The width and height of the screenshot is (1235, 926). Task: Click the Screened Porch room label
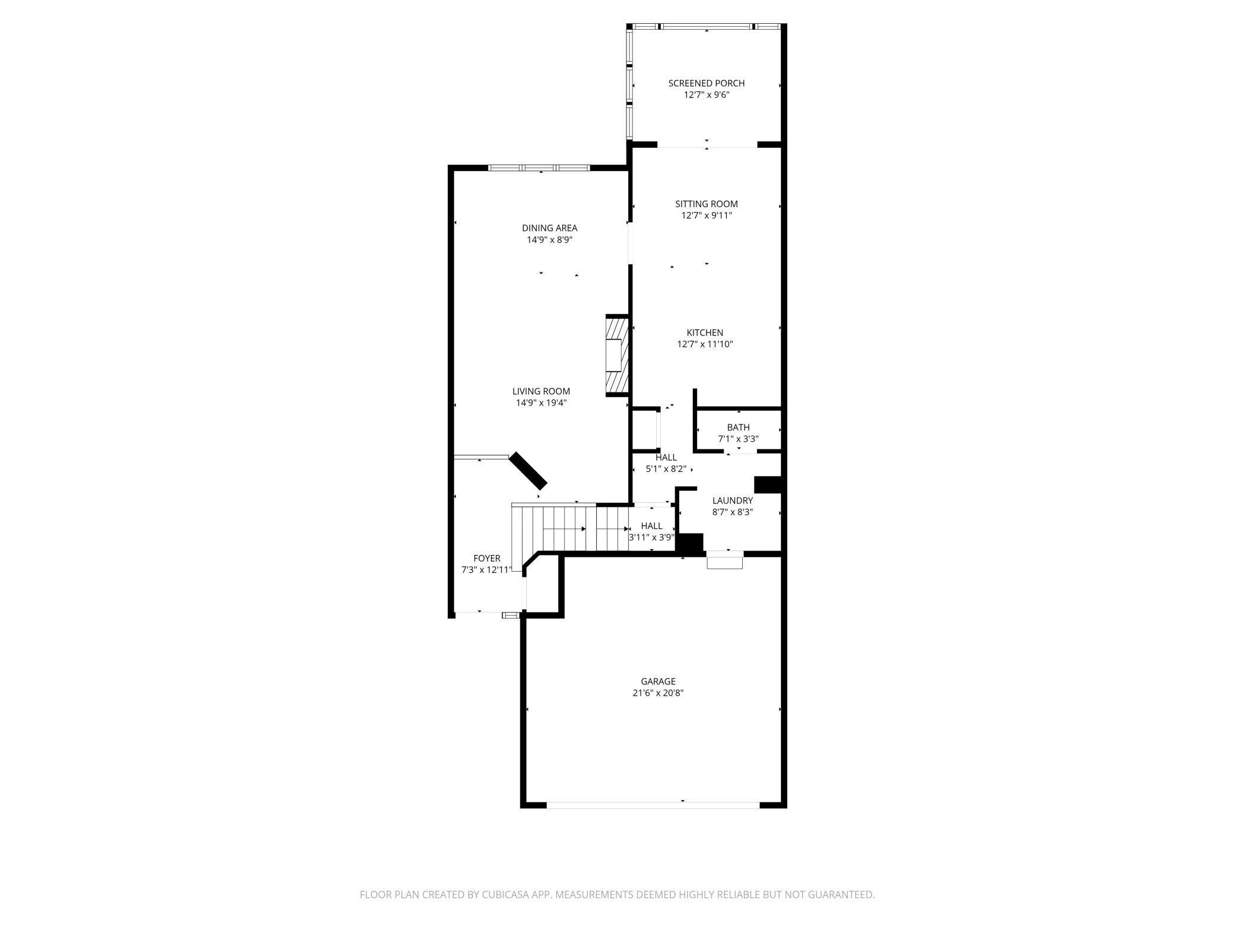(x=706, y=83)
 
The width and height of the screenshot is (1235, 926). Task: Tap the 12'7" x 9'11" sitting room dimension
(x=706, y=215)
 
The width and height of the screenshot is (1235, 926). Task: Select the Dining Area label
(x=549, y=228)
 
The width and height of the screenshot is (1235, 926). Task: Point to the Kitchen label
(x=705, y=332)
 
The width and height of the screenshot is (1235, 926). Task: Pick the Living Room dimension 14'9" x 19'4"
(x=541, y=403)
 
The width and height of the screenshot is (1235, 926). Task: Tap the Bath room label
(x=738, y=427)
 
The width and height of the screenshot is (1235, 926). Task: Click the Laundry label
(x=732, y=500)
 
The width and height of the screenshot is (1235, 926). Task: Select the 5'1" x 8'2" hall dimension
(x=666, y=469)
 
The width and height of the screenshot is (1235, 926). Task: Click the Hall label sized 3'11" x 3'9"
(x=651, y=526)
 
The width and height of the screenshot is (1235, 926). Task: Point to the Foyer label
(x=486, y=559)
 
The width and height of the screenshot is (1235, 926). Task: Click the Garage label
(x=658, y=681)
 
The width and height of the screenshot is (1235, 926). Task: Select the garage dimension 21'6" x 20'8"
(x=658, y=693)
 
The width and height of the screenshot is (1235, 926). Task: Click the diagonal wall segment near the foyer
(x=528, y=471)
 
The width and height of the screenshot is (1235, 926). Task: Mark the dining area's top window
(x=539, y=168)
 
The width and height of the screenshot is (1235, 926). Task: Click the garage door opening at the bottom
(x=653, y=805)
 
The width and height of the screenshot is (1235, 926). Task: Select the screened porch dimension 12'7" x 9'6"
(x=706, y=95)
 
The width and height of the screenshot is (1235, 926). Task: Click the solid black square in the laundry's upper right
(x=767, y=484)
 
